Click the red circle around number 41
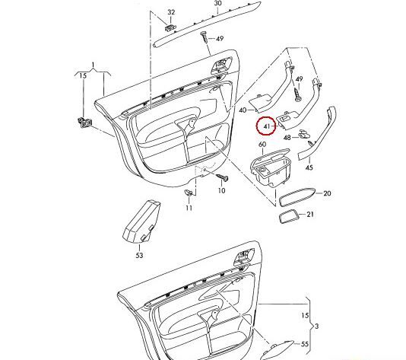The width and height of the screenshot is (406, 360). pos(267,125)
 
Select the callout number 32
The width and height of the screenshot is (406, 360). pos(171,13)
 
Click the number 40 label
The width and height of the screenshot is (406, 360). pos(243,110)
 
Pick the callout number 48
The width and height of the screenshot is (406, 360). pos(287,138)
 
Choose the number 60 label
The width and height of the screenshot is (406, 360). pos(262,144)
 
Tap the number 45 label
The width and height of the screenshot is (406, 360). pos(309,167)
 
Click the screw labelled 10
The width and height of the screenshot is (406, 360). pos(222,178)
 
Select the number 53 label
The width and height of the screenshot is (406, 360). pos(139,255)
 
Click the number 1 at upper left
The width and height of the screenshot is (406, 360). pos(93,64)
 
